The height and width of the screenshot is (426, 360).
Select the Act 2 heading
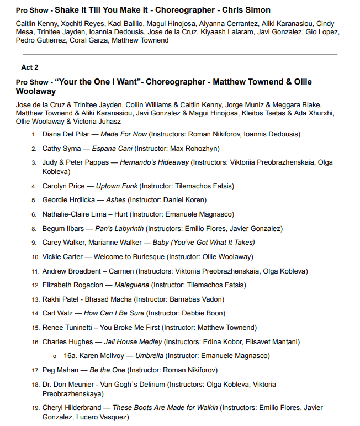tap(30, 67)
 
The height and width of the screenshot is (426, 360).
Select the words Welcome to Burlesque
tap(130, 256)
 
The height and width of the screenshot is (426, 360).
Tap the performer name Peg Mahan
tap(60, 370)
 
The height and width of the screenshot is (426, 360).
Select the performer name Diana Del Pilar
tap(67, 134)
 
